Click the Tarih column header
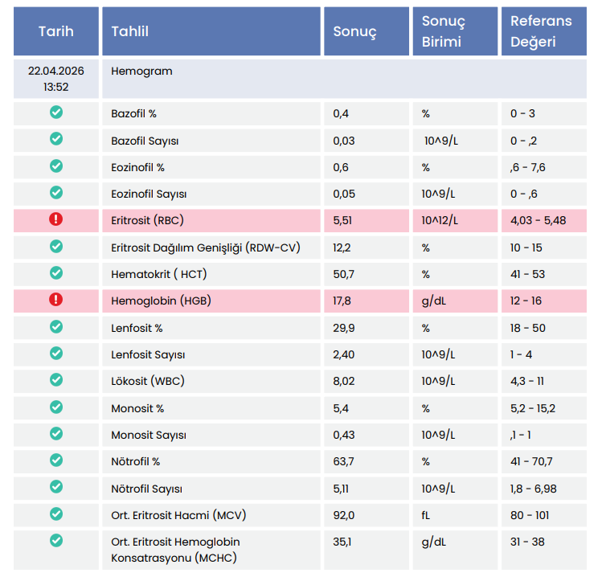56,31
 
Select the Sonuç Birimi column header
444,31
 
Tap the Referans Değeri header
541,31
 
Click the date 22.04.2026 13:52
56,79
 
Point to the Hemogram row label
141,71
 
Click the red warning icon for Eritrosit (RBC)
56,219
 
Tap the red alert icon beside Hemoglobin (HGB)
56,300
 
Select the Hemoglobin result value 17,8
342,301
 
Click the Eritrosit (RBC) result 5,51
342,220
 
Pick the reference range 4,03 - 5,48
538,220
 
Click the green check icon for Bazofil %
56,112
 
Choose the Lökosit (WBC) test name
148,381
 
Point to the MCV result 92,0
344,515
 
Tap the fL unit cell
425,515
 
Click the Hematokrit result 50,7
344,274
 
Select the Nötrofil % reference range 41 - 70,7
531,461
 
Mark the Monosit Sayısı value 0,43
344,435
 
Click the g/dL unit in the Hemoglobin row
434,301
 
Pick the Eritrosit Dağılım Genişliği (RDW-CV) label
206,247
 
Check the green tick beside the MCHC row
56,541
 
